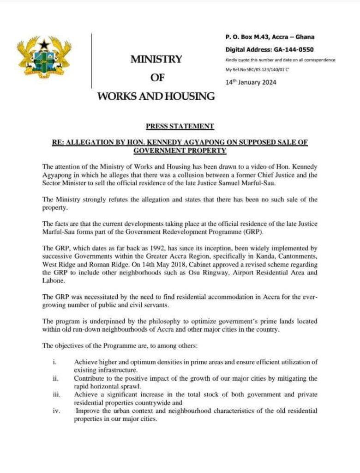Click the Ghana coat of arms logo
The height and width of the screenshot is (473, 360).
pyautogui.click(x=44, y=59)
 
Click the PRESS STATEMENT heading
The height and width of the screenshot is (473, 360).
pyautogui.click(x=180, y=126)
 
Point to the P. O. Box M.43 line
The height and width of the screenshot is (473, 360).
pyautogui.click(x=270, y=37)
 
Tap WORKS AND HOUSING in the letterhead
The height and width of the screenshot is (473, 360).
pyautogui.click(x=156, y=96)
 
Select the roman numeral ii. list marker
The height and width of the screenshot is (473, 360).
pyautogui.click(x=54, y=378)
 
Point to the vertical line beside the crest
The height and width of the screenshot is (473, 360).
pyautogui.click(x=91, y=60)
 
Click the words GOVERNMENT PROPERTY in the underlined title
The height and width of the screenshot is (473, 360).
pyautogui.click(x=180, y=151)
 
